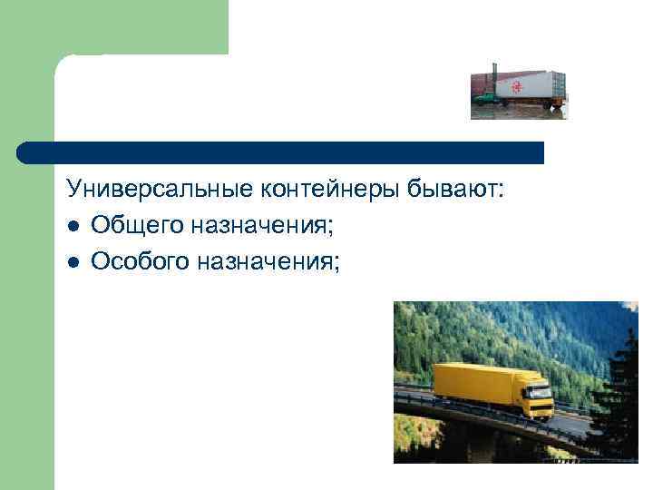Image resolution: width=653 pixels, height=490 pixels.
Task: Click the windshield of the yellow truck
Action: (x=541, y=388)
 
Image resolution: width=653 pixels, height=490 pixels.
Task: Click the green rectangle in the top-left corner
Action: (x=136, y=27)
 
